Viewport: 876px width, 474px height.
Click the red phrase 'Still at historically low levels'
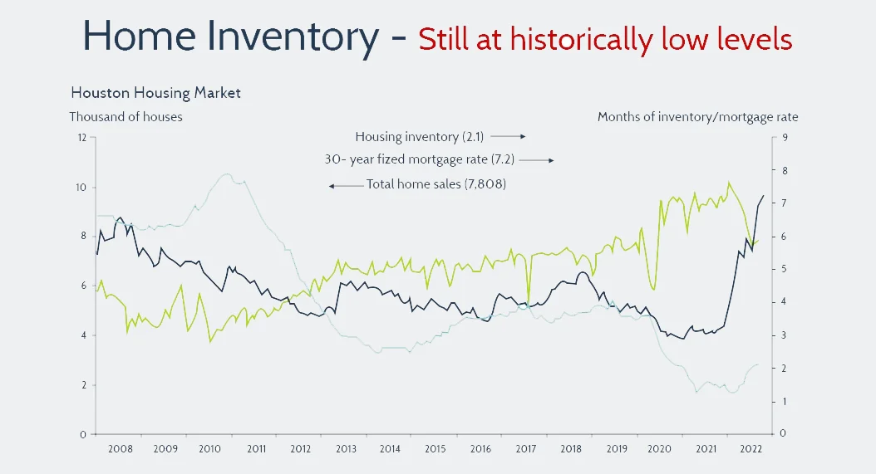(605, 38)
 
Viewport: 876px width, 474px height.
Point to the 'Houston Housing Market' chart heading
(155, 93)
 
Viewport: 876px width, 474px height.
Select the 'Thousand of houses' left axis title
(125, 117)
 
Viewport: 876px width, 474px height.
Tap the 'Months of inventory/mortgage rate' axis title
(697, 117)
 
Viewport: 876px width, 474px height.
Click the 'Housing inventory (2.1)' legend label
(420, 136)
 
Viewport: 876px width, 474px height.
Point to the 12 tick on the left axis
(81, 137)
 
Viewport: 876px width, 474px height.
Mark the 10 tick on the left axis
(81, 187)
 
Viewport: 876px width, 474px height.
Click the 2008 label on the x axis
(120, 449)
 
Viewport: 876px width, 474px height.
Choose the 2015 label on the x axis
(436, 449)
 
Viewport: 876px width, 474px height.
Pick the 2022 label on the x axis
(750, 449)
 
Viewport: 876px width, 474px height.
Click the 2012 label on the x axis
(300, 449)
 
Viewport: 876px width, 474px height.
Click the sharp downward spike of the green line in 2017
(528, 302)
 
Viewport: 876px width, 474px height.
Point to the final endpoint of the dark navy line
(764, 195)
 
